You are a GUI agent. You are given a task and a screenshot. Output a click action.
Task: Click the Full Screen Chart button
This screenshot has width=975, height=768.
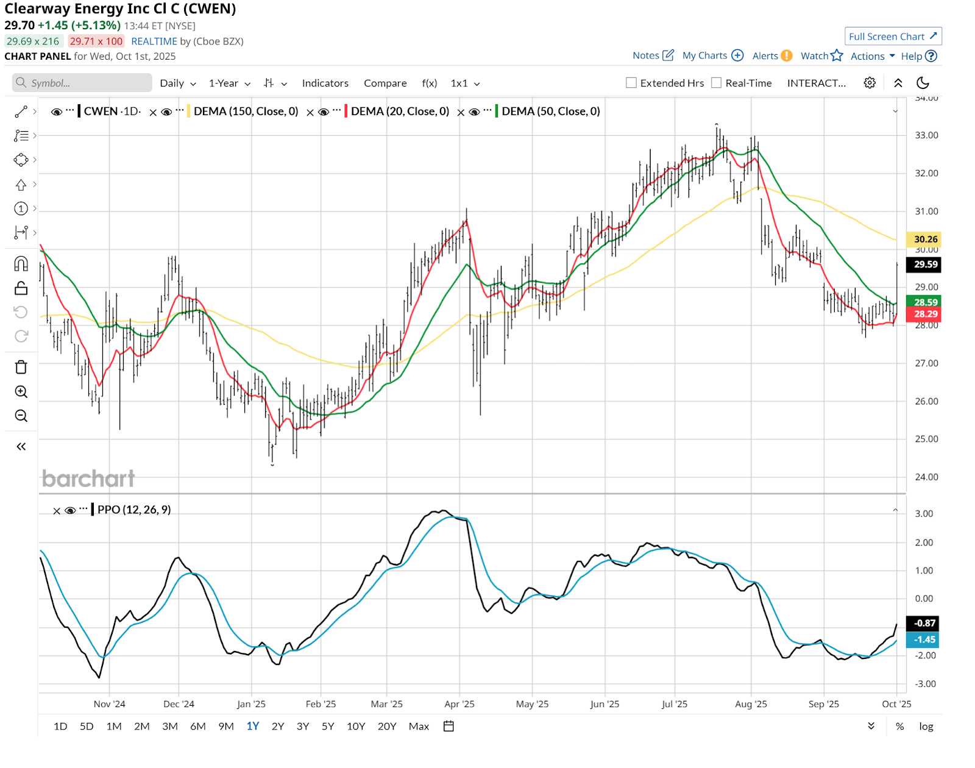pos(893,37)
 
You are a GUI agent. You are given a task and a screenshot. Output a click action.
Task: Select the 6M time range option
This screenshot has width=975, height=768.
pos(198,726)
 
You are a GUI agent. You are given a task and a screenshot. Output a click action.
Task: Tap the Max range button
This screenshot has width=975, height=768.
pos(419,726)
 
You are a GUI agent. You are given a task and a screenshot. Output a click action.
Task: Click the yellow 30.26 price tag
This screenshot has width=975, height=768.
pos(925,240)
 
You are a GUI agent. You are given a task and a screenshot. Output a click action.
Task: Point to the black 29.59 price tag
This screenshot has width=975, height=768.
pos(925,265)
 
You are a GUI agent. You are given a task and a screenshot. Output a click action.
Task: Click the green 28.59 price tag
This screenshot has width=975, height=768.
pos(925,302)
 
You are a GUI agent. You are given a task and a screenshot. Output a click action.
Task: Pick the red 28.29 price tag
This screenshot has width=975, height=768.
pos(925,314)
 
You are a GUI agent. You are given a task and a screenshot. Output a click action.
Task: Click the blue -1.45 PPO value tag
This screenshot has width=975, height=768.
pos(924,640)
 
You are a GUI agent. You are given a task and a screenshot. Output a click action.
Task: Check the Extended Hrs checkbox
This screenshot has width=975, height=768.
pos(631,83)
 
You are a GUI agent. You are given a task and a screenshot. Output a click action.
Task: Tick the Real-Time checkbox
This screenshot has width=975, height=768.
pos(717,83)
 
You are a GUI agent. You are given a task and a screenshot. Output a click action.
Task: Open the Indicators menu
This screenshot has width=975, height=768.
pos(325,83)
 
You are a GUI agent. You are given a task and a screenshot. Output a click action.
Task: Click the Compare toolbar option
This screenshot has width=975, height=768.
pos(385,83)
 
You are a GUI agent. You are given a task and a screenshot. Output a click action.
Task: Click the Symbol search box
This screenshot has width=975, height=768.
pos(82,83)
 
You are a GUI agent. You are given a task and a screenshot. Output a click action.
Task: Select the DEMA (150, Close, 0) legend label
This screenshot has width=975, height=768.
pos(246,111)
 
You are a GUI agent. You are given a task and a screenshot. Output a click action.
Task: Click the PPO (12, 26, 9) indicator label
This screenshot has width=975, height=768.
pos(134,510)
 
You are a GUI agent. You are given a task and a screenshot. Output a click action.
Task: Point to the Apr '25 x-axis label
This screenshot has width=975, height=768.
pos(459,704)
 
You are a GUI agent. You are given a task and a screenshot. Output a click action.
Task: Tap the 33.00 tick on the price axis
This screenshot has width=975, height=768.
pos(926,135)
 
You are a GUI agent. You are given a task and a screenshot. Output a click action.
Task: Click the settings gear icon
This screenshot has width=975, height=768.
pos(870,83)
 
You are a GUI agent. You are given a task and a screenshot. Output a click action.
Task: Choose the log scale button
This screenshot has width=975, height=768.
pos(926,726)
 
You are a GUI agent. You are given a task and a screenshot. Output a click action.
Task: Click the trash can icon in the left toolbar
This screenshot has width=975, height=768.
pos(21,367)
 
